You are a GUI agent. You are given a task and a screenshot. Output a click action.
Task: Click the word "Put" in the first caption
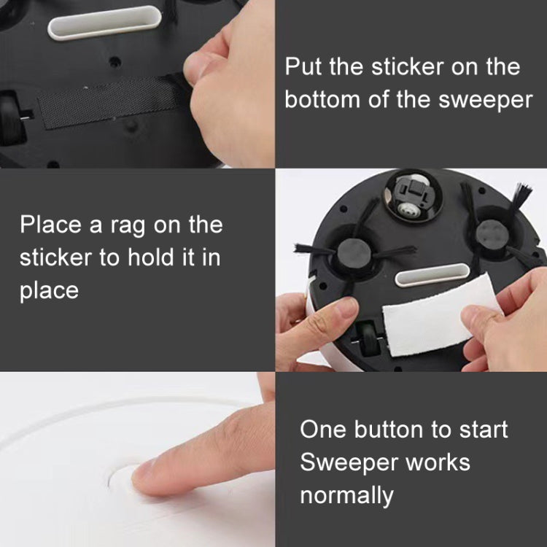click(302, 67)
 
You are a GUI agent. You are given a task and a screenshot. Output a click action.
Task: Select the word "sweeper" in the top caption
click(486, 99)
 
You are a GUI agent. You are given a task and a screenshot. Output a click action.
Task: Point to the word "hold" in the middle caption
click(143, 257)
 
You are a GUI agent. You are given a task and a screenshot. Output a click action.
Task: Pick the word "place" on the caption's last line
click(49, 290)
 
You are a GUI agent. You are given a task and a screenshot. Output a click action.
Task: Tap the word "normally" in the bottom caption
click(346, 496)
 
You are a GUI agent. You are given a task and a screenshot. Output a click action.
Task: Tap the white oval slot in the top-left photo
click(104, 22)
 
